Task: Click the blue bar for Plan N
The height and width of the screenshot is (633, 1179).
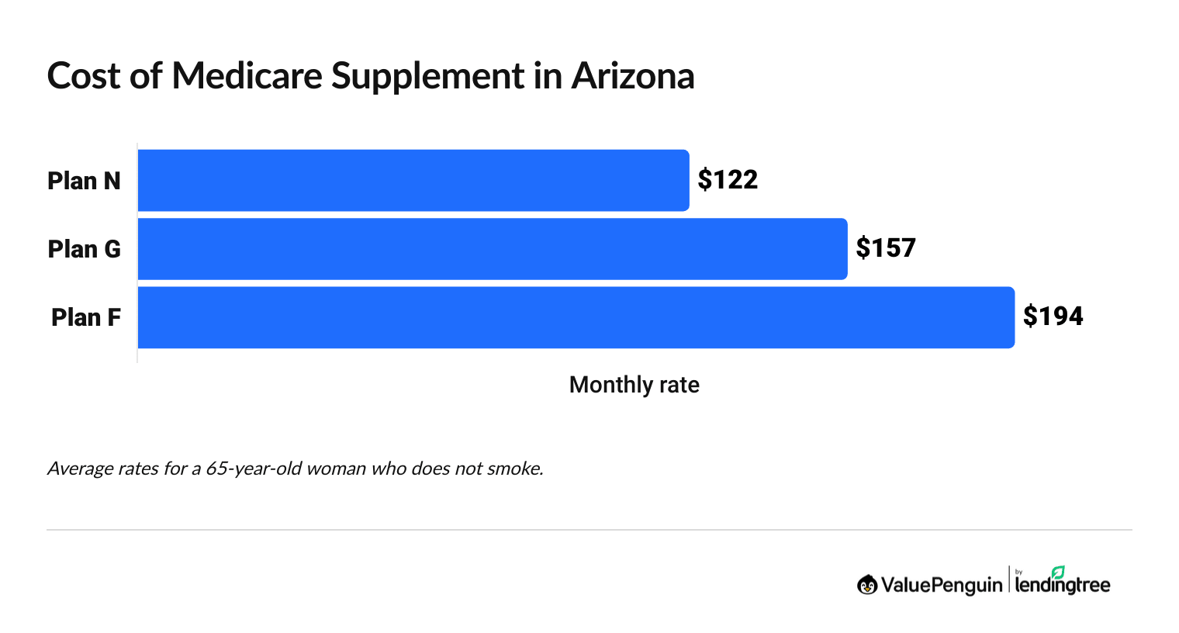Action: (413, 180)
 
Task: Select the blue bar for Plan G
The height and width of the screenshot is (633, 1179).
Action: (493, 248)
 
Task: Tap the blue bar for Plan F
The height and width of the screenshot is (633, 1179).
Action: (576, 317)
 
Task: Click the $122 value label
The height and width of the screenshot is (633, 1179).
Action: (728, 180)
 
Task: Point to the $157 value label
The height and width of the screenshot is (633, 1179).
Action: (886, 248)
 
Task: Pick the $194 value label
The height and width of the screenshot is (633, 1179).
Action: (1053, 316)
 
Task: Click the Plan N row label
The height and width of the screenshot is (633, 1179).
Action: (84, 181)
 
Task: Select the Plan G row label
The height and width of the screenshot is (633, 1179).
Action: (84, 249)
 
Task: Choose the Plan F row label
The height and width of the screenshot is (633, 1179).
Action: (86, 317)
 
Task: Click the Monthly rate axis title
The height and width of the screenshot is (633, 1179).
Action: (634, 385)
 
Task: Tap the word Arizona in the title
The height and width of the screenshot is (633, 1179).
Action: (633, 76)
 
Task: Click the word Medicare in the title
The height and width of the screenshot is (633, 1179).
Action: (247, 76)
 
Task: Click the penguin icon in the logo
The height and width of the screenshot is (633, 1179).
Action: (867, 585)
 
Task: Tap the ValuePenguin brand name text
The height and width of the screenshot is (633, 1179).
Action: (942, 585)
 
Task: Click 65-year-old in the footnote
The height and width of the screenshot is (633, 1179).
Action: (253, 469)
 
